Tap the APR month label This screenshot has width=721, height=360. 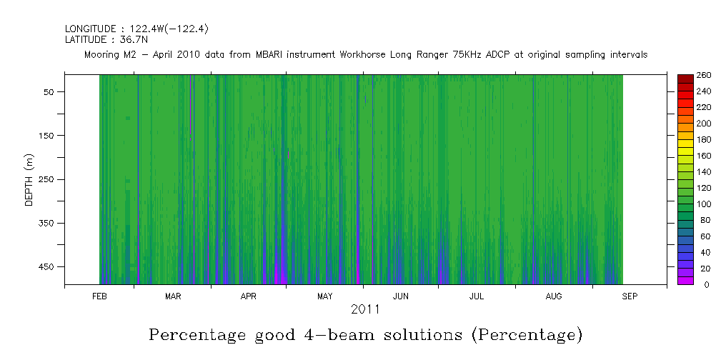point(248,296)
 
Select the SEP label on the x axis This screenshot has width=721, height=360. point(630,296)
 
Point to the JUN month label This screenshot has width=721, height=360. point(401,296)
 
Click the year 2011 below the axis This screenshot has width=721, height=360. point(364,309)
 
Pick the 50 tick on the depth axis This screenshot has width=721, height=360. point(51,91)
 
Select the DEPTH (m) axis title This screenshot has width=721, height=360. point(29,179)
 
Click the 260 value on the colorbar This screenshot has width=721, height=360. point(704,75)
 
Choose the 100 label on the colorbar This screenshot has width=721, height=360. point(704,204)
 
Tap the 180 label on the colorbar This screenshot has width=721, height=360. point(704,139)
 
